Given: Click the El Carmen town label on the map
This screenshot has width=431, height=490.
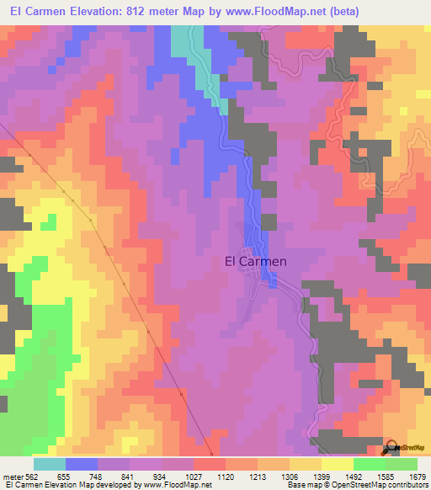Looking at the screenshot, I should tap(257, 261).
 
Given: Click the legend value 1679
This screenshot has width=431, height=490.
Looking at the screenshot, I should tap(418, 477).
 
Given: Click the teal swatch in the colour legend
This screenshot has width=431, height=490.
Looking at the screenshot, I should tap(50, 464).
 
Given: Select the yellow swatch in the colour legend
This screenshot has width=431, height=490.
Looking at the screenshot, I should tap(338, 464).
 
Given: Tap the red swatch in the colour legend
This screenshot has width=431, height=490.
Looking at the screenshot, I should tap(210, 464).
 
